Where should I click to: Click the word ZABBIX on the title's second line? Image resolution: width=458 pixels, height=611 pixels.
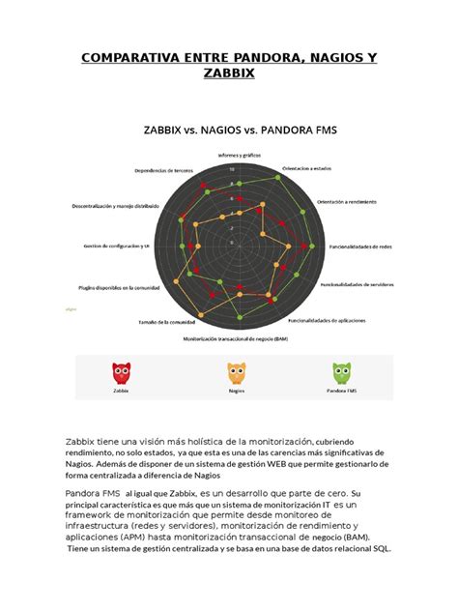(229, 76)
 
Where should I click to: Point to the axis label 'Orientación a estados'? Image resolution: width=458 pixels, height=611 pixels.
(306, 168)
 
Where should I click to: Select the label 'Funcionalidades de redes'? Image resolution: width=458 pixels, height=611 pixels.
(359, 247)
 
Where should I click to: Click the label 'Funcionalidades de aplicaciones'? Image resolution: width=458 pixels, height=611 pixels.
(326, 319)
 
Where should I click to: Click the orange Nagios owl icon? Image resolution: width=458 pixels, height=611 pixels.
(236, 372)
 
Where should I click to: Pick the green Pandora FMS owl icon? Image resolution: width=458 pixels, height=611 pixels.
(341, 372)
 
